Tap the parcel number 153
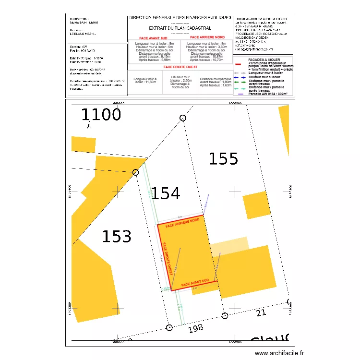point(117,237)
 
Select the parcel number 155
point(224,158)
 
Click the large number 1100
point(101,115)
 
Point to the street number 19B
point(196,329)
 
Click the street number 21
point(261,313)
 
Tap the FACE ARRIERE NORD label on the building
point(182,223)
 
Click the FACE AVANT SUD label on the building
point(195,284)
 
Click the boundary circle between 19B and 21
point(225,315)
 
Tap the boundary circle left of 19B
point(168,328)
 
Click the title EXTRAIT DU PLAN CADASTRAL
point(180,28)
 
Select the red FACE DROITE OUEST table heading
point(180,67)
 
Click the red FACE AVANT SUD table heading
point(153,38)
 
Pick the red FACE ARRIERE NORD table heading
point(207,37)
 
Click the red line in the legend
point(239,63)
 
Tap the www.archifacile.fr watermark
point(279,353)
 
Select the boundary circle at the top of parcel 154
point(182,118)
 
